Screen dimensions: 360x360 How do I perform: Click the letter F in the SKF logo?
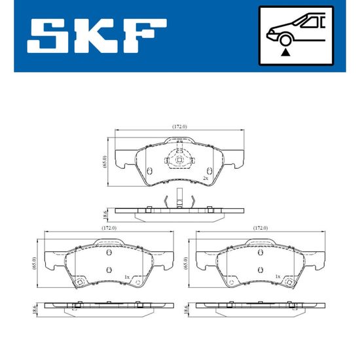145,36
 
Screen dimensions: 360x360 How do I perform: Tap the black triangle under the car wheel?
285,52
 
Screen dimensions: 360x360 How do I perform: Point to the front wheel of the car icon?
285,40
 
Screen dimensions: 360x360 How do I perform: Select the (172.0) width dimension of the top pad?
180,126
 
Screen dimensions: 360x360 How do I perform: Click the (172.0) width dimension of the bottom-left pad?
109,228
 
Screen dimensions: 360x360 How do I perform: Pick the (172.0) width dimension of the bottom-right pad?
261,228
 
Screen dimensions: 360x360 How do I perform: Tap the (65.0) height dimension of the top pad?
105,162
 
